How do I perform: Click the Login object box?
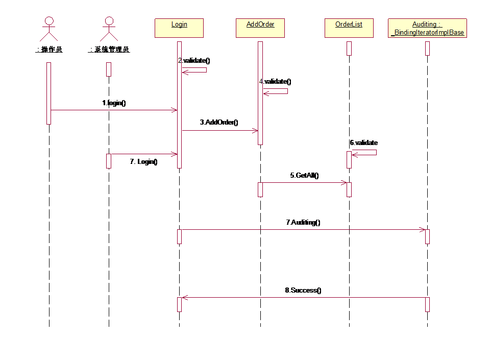click(x=179, y=28)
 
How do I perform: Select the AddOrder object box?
click(x=260, y=28)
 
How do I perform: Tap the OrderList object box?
click(x=349, y=28)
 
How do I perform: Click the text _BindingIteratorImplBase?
click(x=428, y=33)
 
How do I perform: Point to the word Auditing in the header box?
click(x=425, y=25)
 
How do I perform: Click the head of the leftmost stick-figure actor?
click(x=49, y=20)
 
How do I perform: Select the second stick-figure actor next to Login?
click(x=108, y=29)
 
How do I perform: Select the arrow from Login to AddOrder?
click(x=219, y=130)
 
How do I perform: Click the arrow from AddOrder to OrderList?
click(x=305, y=182)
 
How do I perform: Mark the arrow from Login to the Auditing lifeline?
click(x=303, y=229)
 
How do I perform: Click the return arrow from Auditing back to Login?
click(x=303, y=297)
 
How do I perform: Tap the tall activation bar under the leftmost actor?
click(x=49, y=93)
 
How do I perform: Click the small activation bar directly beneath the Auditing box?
click(x=427, y=49)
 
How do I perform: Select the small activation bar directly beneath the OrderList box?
click(x=349, y=49)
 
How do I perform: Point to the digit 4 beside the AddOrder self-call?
click(x=261, y=81)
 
